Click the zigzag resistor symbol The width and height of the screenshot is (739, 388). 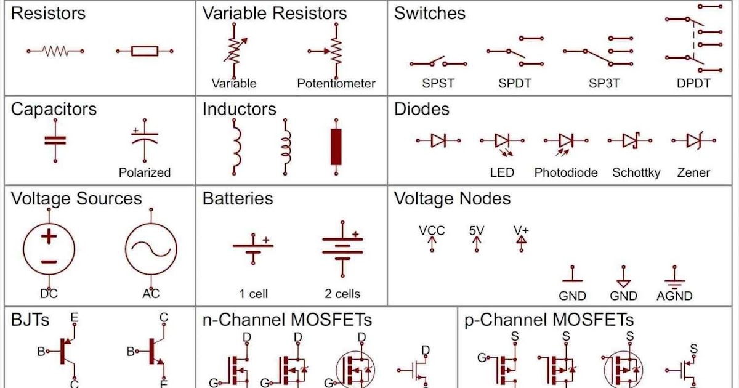[55, 52]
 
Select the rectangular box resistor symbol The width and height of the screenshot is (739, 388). [145, 52]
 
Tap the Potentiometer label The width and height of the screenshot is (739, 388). [336, 83]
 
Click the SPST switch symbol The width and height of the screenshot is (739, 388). [438, 62]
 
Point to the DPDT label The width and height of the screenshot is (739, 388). [693, 83]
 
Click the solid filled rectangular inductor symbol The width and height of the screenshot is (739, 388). [336, 147]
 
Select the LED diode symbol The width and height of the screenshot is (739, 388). [502, 142]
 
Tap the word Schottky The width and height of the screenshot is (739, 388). [636, 172]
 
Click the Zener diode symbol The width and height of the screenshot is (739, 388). [693, 141]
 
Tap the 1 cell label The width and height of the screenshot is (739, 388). [254, 294]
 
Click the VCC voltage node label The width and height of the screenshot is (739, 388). [432, 231]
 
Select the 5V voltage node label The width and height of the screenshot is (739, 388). [477, 231]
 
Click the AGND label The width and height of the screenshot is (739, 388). [674, 296]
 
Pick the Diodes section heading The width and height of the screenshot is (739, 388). [422, 109]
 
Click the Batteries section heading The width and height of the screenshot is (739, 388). [238, 198]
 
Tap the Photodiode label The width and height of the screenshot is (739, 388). [566, 172]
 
